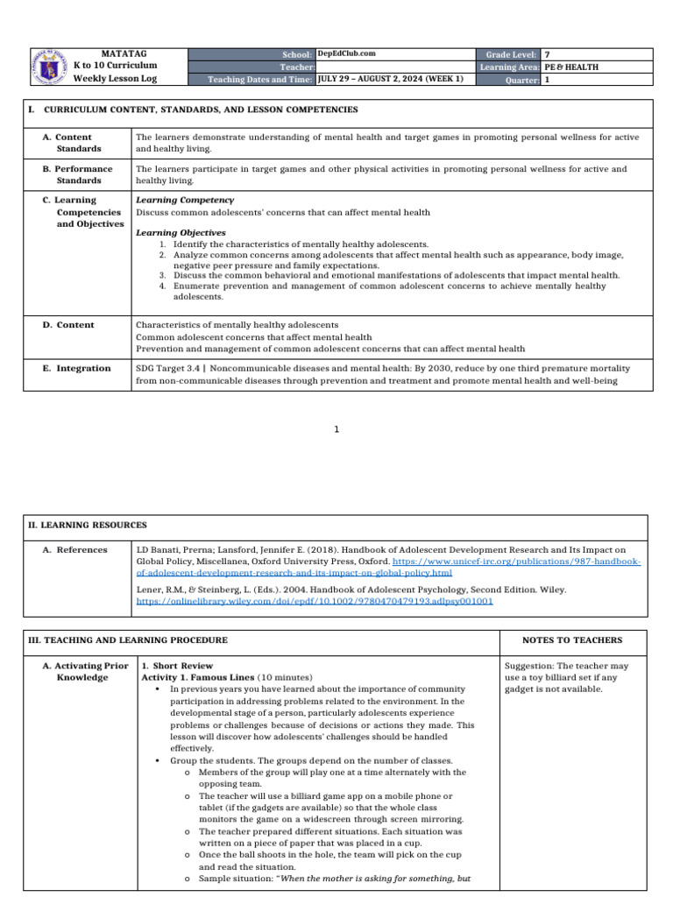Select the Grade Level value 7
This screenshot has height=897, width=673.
[x=548, y=54]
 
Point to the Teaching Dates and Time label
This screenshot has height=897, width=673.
[x=259, y=80]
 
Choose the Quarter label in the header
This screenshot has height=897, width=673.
[x=521, y=80]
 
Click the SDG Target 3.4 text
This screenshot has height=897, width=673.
[x=167, y=369]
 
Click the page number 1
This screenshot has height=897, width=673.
[x=336, y=429]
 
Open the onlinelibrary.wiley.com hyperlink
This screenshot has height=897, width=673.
[x=315, y=602]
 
